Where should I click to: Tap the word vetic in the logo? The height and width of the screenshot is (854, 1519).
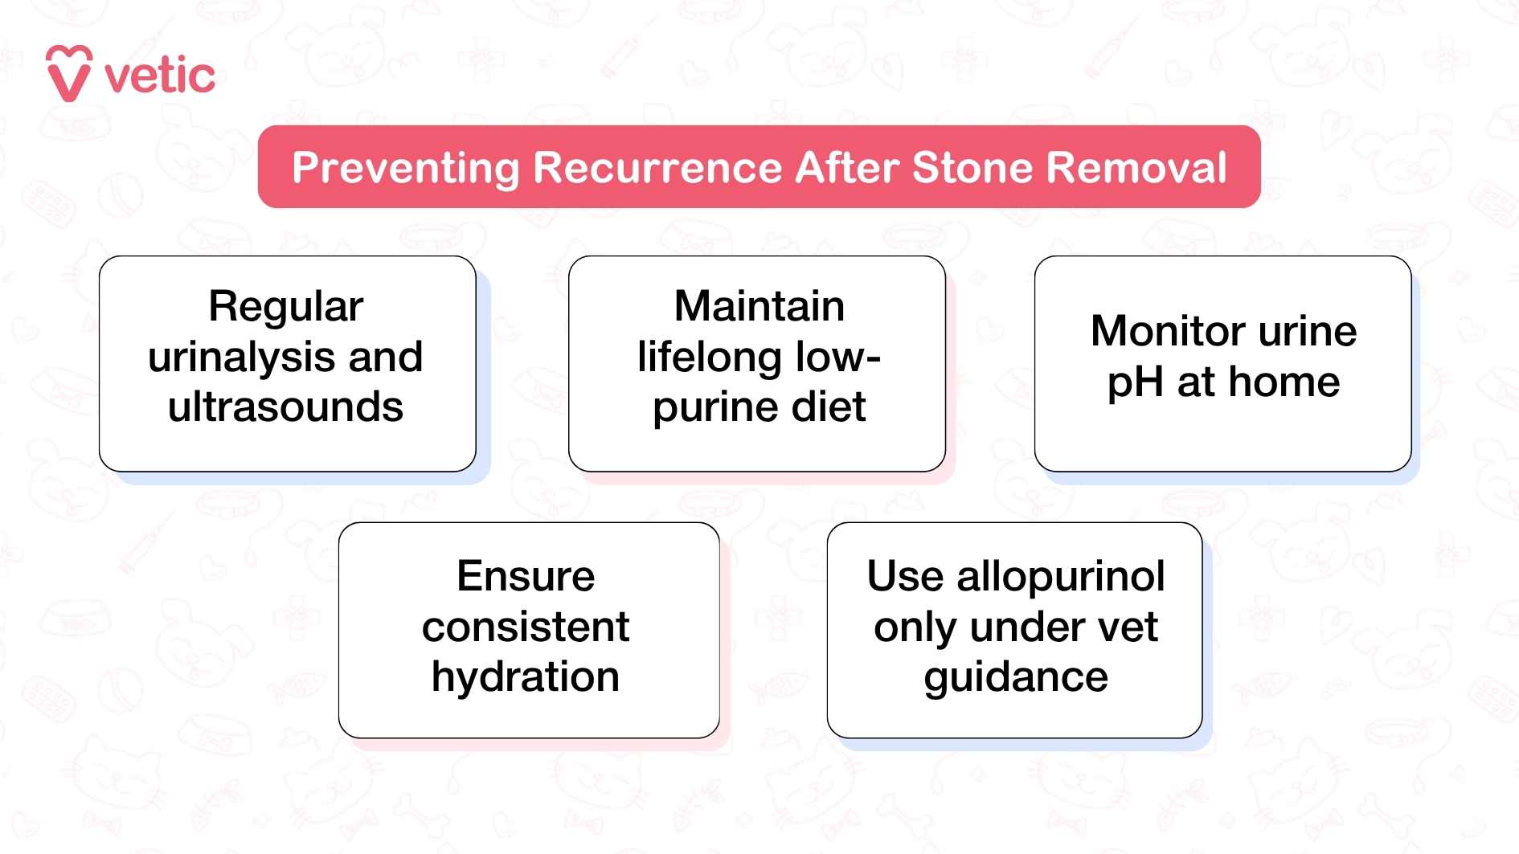coord(160,76)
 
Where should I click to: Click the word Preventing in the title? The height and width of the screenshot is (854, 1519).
coord(406,168)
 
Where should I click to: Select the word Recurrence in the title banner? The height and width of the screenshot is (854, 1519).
coord(657,168)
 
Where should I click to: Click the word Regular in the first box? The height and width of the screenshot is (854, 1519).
coord(285,307)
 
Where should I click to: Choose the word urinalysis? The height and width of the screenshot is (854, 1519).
coord(242,358)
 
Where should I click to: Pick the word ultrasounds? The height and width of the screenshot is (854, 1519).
coord(285,407)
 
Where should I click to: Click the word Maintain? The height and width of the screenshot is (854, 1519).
coord(759,307)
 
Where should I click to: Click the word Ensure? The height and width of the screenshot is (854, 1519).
coord(526,576)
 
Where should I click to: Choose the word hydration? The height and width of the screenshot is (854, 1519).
coord(526,677)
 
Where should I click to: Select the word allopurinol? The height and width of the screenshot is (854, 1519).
coord(1060,576)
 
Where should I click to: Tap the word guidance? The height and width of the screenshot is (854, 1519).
coord(1015,677)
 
